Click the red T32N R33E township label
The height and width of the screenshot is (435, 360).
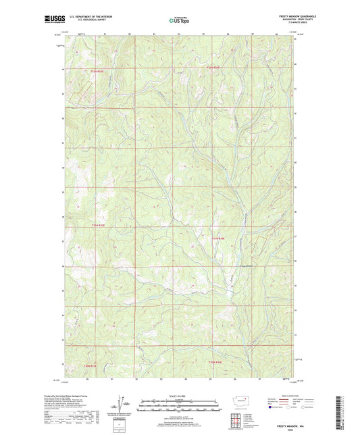point(98,71)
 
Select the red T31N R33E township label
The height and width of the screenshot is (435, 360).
point(99,224)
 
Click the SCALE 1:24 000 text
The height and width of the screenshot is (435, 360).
point(179,395)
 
